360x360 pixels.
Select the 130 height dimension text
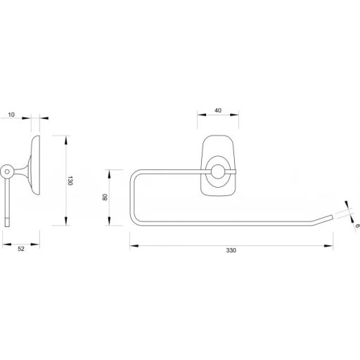(72, 181)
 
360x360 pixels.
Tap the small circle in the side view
(7, 170)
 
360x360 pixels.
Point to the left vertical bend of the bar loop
(131, 197)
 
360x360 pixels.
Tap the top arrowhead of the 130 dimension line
(65, 137)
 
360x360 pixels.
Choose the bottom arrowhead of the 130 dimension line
(65, 224)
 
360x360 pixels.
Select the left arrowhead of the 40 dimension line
(199, 117)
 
